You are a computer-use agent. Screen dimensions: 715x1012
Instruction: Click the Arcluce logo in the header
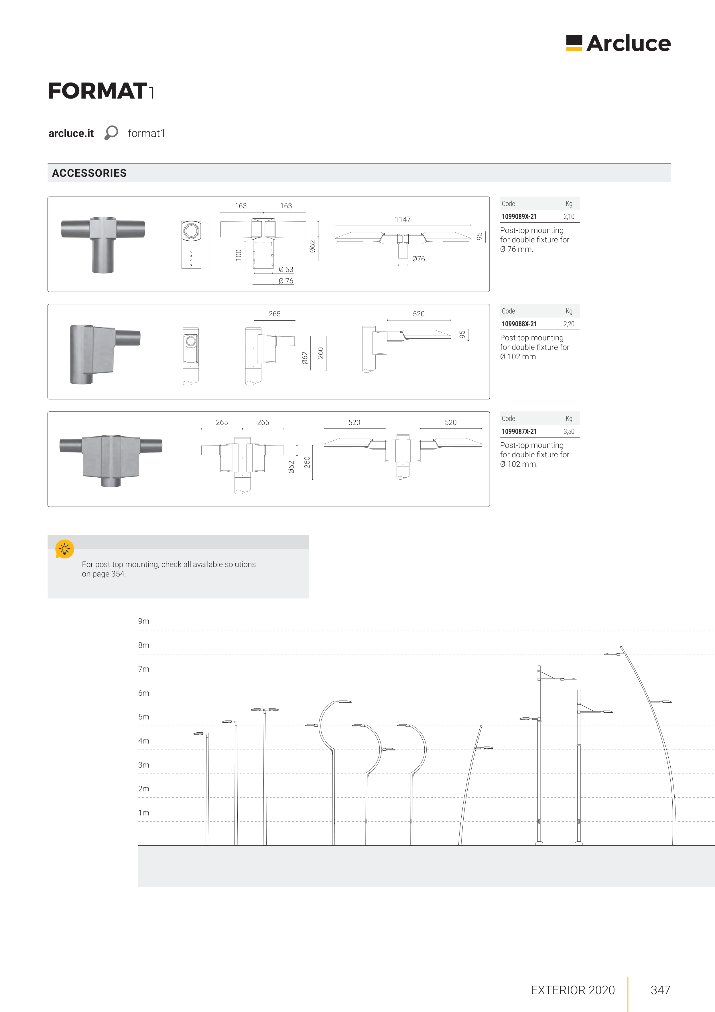click(x=618, y=43)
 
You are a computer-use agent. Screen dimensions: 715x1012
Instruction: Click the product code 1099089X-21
click(x=519, y=216)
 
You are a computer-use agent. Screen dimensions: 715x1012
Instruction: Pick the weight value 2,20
click(x=569, y=324)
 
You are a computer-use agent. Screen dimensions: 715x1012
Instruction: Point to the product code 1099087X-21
click(x=519, y=432)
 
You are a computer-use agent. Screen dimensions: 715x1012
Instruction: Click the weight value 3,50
click(x=569, y=432)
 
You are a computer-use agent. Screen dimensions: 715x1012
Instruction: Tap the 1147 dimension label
click(x=403, y=219)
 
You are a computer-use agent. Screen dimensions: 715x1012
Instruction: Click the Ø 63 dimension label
click(x=286, y=269)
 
